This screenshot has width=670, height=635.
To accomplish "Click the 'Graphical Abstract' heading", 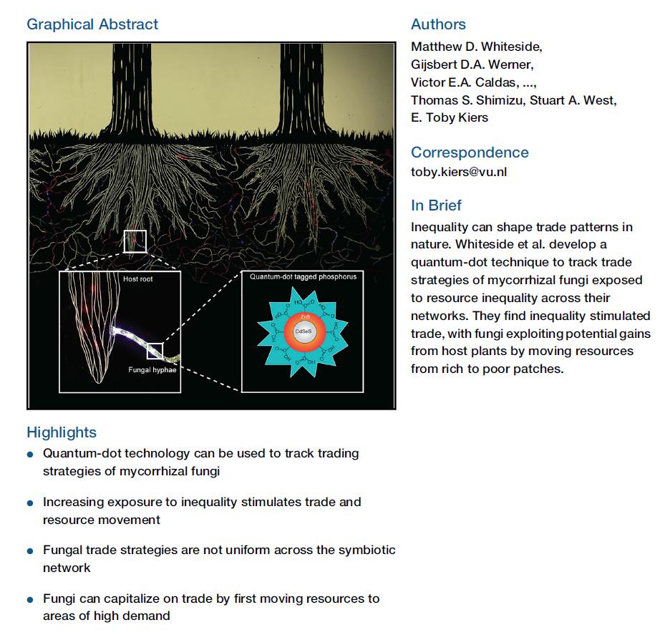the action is (x=92, y=24).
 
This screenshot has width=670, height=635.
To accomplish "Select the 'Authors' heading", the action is (x=438, y=24).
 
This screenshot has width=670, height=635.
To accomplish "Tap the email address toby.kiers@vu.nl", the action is (x=458, y=172).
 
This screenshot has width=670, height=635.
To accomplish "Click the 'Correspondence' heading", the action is (x=470, y=152).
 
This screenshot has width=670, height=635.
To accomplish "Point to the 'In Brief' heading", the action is (x=436, y=205).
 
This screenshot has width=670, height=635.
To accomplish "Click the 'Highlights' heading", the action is (x=62, y=432).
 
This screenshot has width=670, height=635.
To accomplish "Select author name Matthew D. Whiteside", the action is (x=476, y=47).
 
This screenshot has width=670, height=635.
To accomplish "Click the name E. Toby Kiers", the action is (x=450, y=118).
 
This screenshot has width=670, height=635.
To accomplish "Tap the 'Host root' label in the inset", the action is (x=138, y=278).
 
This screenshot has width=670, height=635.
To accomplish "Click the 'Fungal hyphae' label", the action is (x=152, y=369).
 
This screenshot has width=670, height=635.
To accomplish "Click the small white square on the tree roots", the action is (x=135, y=241).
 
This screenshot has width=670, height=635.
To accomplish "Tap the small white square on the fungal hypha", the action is (x=155, y=351).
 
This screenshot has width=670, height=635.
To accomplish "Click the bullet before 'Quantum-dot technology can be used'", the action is (x=29, y=455).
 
